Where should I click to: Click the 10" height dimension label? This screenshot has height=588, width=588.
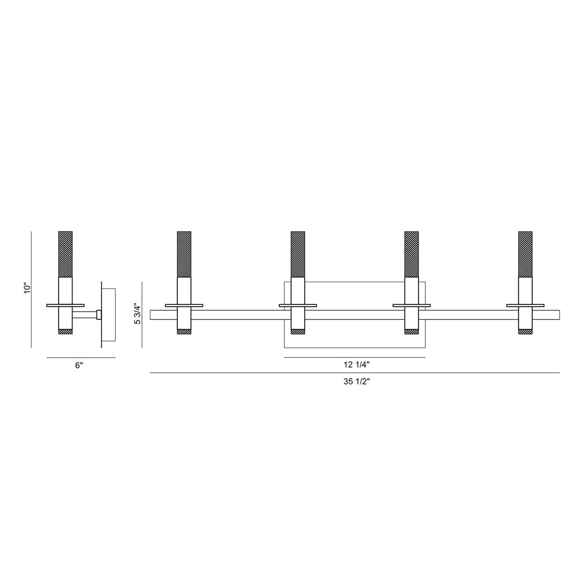[x=27, y=288]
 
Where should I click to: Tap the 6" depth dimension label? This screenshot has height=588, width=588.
[x=79, y=365]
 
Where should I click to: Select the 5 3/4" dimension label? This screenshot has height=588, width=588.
[x=138, y=315]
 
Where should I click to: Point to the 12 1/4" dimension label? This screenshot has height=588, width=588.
[x=356, y=365]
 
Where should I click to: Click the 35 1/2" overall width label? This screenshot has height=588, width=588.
[x=356, y=382]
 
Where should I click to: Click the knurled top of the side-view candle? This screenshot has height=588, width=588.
[x=65, y=254]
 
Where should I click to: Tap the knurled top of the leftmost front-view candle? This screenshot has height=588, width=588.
[x=184, y=254]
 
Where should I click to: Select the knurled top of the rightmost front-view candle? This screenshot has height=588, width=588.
[x=525, y=254]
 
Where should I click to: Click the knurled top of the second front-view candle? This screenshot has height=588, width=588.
[x=298, y=254]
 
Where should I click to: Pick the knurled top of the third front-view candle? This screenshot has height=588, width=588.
[x=411, y=254]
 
